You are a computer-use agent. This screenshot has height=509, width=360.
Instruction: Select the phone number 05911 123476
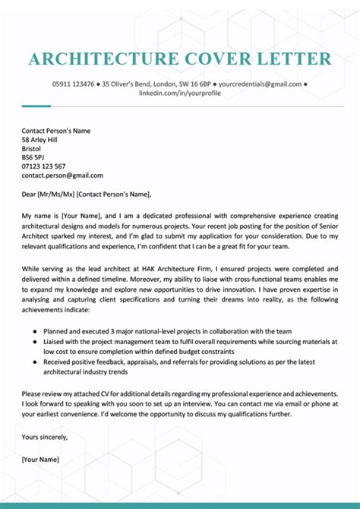[73, 84]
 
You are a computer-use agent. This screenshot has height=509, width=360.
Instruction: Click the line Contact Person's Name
[56, 131]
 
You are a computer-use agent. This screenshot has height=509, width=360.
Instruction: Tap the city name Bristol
[32, 148]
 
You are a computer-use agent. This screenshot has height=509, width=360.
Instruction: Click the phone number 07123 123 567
[44, 166]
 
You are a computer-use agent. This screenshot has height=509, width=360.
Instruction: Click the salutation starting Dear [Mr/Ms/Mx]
[86, 193]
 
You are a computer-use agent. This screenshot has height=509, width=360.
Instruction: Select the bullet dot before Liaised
[36, 342]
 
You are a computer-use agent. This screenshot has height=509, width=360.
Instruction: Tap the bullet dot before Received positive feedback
[36, 362]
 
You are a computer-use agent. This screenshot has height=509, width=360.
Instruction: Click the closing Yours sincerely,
[45, 437]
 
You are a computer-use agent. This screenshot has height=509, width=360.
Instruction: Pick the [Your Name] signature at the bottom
[42, 459]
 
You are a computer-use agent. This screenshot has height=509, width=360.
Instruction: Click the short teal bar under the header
[36, 106]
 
